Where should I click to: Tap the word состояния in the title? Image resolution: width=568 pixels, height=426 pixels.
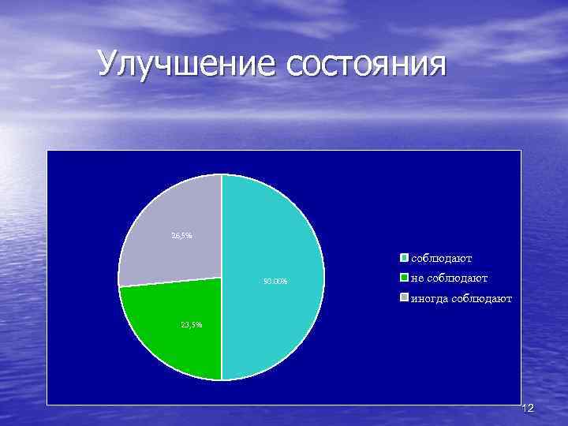coord(366,64)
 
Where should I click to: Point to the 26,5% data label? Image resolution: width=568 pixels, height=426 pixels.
coord(181,236)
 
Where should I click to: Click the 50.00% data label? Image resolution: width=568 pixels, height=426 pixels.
coord(275,282)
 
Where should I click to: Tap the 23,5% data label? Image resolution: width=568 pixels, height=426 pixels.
coord(192,324)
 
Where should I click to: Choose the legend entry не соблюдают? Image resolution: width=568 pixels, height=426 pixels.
coord(448,278)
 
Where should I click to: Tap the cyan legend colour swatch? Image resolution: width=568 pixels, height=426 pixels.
coord(403,257)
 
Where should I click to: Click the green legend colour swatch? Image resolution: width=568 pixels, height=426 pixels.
coord(403,278)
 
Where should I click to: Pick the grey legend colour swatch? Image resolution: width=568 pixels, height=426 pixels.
coord(403,298)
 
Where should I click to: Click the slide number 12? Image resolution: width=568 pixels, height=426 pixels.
coord(528,408)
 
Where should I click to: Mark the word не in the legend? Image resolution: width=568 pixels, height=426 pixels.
coord(416,278)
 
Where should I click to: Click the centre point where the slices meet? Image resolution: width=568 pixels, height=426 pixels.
coord(221,277)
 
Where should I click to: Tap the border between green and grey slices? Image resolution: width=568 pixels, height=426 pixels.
coord(170,282)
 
